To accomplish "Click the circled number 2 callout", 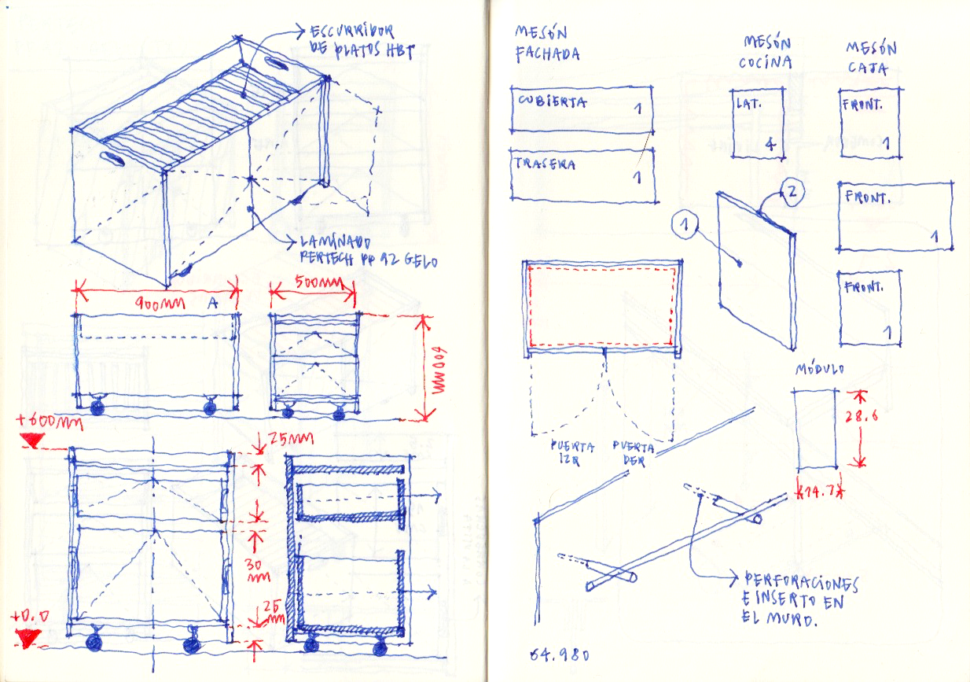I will coord(791,191).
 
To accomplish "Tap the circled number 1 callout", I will coord(685,226).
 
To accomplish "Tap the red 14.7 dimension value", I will coord(818,492).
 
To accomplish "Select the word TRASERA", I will coord(546,164).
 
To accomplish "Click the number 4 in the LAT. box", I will coord(770,144).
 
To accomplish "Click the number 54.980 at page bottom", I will coord(559,654).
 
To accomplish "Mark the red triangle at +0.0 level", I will coord(30,638).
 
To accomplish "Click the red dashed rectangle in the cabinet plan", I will coord(602,307).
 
